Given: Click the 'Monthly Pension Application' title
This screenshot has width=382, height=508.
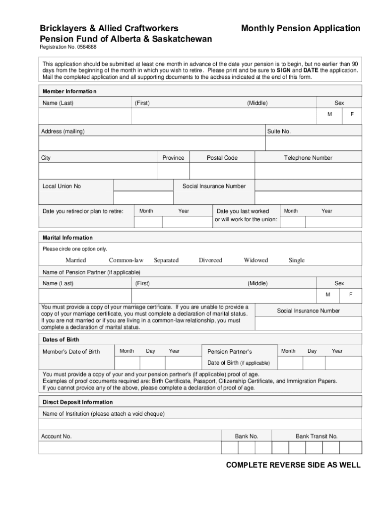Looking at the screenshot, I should click(x=301, y=28).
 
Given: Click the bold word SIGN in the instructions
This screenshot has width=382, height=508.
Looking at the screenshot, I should click(x=284, y=70).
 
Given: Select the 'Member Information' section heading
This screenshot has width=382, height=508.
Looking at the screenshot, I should click(x=69, y=91).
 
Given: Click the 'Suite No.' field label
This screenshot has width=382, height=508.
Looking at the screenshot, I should click(x=279, y=131).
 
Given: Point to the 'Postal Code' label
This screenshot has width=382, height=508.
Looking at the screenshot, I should click(x=222, y=158).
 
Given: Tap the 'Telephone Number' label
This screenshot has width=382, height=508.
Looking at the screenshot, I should click(x=308, y=158).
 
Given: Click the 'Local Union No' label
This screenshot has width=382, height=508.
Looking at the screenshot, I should click(x=62, y=186).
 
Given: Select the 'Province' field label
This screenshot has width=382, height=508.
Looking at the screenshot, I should click(x=173, y=158).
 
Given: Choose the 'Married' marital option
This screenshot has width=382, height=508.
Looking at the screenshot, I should click(x=75, y=260).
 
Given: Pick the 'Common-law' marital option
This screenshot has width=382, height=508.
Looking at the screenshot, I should click(x=126, y=260).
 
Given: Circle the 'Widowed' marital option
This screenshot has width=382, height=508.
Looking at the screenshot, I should click(x=255, y=260).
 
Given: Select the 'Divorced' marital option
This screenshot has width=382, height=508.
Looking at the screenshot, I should click(x=210, y=260).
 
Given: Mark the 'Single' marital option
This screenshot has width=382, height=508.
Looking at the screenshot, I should click(x=297, y=260).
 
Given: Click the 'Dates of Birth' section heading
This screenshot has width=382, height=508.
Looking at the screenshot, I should click(x=61, y=340).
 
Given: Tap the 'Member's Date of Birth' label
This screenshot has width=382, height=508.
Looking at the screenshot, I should click(x=71, y=352).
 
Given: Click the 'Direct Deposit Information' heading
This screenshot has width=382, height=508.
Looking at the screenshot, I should click(x=77, y=402).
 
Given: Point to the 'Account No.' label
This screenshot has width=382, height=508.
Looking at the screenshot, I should click(x=57, y=436).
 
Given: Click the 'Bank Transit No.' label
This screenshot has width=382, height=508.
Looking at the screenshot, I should click(x=317, y=436).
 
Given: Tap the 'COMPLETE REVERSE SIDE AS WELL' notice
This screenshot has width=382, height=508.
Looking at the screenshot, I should click(x=293, y=465).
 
